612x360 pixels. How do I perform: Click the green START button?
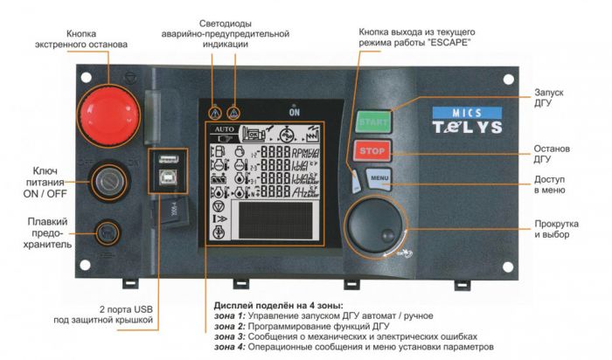pyautogui.click(x=373, y=120)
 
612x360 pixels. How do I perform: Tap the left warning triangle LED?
pyautogui.click(x=213, y=113)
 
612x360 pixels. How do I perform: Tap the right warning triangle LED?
pyautogui.click(x=233, y=113)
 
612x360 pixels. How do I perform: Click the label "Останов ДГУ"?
pyautogui.click(x=553, y=155)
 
